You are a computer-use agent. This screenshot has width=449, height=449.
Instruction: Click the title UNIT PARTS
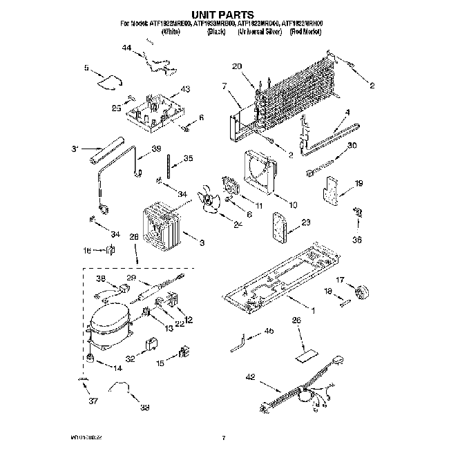pyautogui.click(x=224, y=14)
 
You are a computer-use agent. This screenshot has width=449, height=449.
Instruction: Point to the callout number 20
pyautogui.click(x=237, y=67)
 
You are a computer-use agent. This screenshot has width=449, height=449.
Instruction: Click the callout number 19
pyautogui.click(x=358, y=183)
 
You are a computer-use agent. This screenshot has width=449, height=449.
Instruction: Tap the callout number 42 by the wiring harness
pyautogui.click(x=250, y=377)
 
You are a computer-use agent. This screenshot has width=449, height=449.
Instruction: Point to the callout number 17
pyautogui.click(x=339, y=279)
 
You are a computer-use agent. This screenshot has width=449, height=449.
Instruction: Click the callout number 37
pyautogui.click(x=84, y=401)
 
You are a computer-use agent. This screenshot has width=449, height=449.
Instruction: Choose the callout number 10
pyautogui.click(x=293, y=204)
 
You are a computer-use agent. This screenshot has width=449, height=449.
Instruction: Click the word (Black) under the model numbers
pyautogui.click(x=216, y=32)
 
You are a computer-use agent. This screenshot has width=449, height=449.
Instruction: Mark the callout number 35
pyautogui.click(x=188, y=158)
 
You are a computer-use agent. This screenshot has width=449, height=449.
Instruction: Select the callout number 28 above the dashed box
pyautogui.click(x=134, y=237)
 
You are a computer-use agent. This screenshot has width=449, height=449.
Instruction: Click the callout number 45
pyautogui.click(x=269, y=332)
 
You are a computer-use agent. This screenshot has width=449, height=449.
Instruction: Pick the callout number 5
pyautogui.click(x=87, y=68)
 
